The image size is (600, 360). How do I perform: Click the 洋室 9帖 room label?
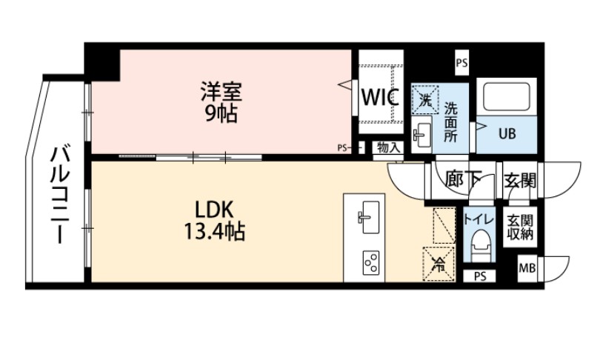tap(221, 102)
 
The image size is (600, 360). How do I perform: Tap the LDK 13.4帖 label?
tap(215, 219)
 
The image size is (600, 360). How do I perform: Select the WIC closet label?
tap(381, 97)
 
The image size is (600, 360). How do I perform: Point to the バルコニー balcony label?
tap(59, 195)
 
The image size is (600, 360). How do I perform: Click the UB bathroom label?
tap(506, 134)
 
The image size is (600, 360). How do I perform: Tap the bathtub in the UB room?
tap(506, 98)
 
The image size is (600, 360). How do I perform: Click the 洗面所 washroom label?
tap(451, 120)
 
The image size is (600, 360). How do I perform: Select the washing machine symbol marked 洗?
tap(425, 99)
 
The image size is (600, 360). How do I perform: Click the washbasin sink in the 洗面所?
tap(424, 133)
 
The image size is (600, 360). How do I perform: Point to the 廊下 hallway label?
tap(464, 180)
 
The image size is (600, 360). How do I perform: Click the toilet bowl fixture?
tap(479, 244)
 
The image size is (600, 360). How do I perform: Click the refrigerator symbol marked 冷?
tap(439, 262)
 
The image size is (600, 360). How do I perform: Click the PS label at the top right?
tap(461, 64)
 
